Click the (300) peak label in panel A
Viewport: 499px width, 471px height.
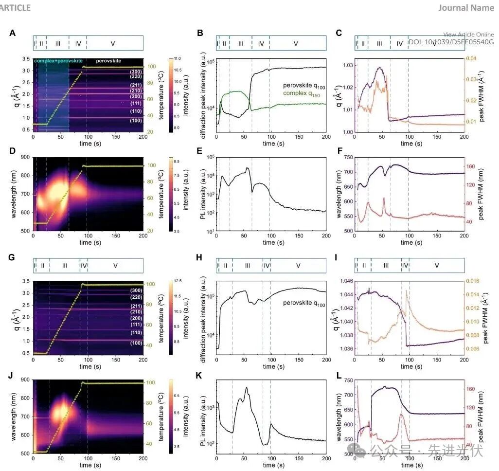click(136, 72)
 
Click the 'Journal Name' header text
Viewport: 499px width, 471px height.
click(466, 7)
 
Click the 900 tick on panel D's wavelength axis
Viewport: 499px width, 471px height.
click(25, 157)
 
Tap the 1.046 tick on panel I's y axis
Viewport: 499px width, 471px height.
click(344, 281)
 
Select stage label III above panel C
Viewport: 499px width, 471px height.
click(379, 43)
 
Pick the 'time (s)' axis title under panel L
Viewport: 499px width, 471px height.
click(409, 465)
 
